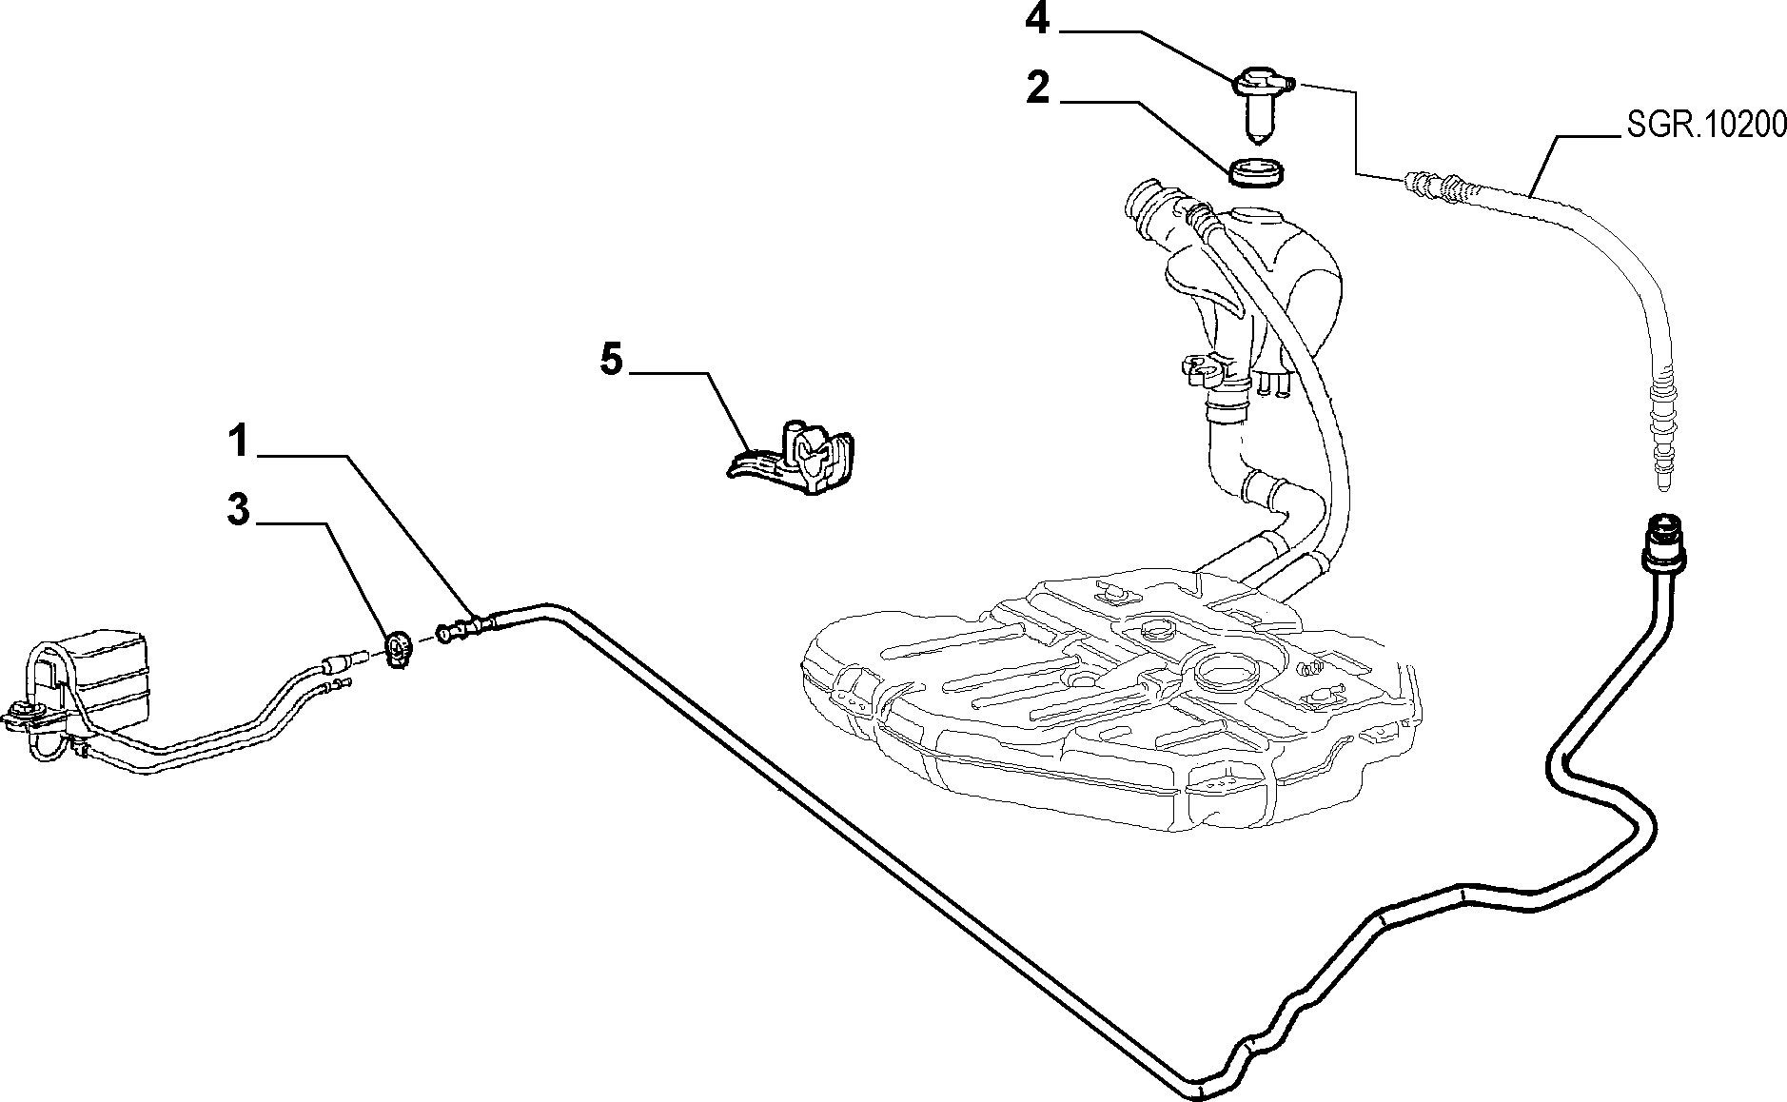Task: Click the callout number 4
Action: pyautogui.click(x=1037, y=20)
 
